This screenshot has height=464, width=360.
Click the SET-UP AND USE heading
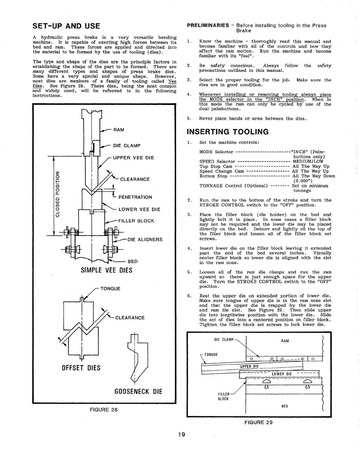click(x=66, y=26)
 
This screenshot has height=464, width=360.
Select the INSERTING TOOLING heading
click(x=228, y=132)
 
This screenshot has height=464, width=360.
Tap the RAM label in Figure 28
click(x=119, y=130)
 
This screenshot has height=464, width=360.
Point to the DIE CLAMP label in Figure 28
click(x=127, y=145)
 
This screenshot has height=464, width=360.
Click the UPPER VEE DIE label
click(x=133, y=158)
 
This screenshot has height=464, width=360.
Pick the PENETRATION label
click(x=135, y=197)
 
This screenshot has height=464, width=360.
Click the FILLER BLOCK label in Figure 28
click(x=136, y=221)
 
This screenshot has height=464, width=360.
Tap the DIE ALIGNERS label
click(x=145, y=240)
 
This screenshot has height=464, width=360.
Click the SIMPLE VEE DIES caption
click(x=106, y=270)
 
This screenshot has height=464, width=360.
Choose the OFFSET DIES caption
click(x=81, y=368)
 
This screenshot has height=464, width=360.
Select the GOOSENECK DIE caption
click(x=138, y=391)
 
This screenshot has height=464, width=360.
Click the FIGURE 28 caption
click(x=104, y=410)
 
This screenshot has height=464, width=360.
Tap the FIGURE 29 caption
click(x=258, y=422)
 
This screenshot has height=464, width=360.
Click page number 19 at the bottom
click(x=182, y=435)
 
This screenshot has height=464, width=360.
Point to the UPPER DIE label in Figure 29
click(x=249, y=366)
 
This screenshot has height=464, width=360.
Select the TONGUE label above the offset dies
click(x=110, y=289)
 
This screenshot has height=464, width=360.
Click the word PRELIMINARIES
click(x=208, y=25)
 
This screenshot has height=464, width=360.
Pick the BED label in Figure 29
click(x=284, y=406)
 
